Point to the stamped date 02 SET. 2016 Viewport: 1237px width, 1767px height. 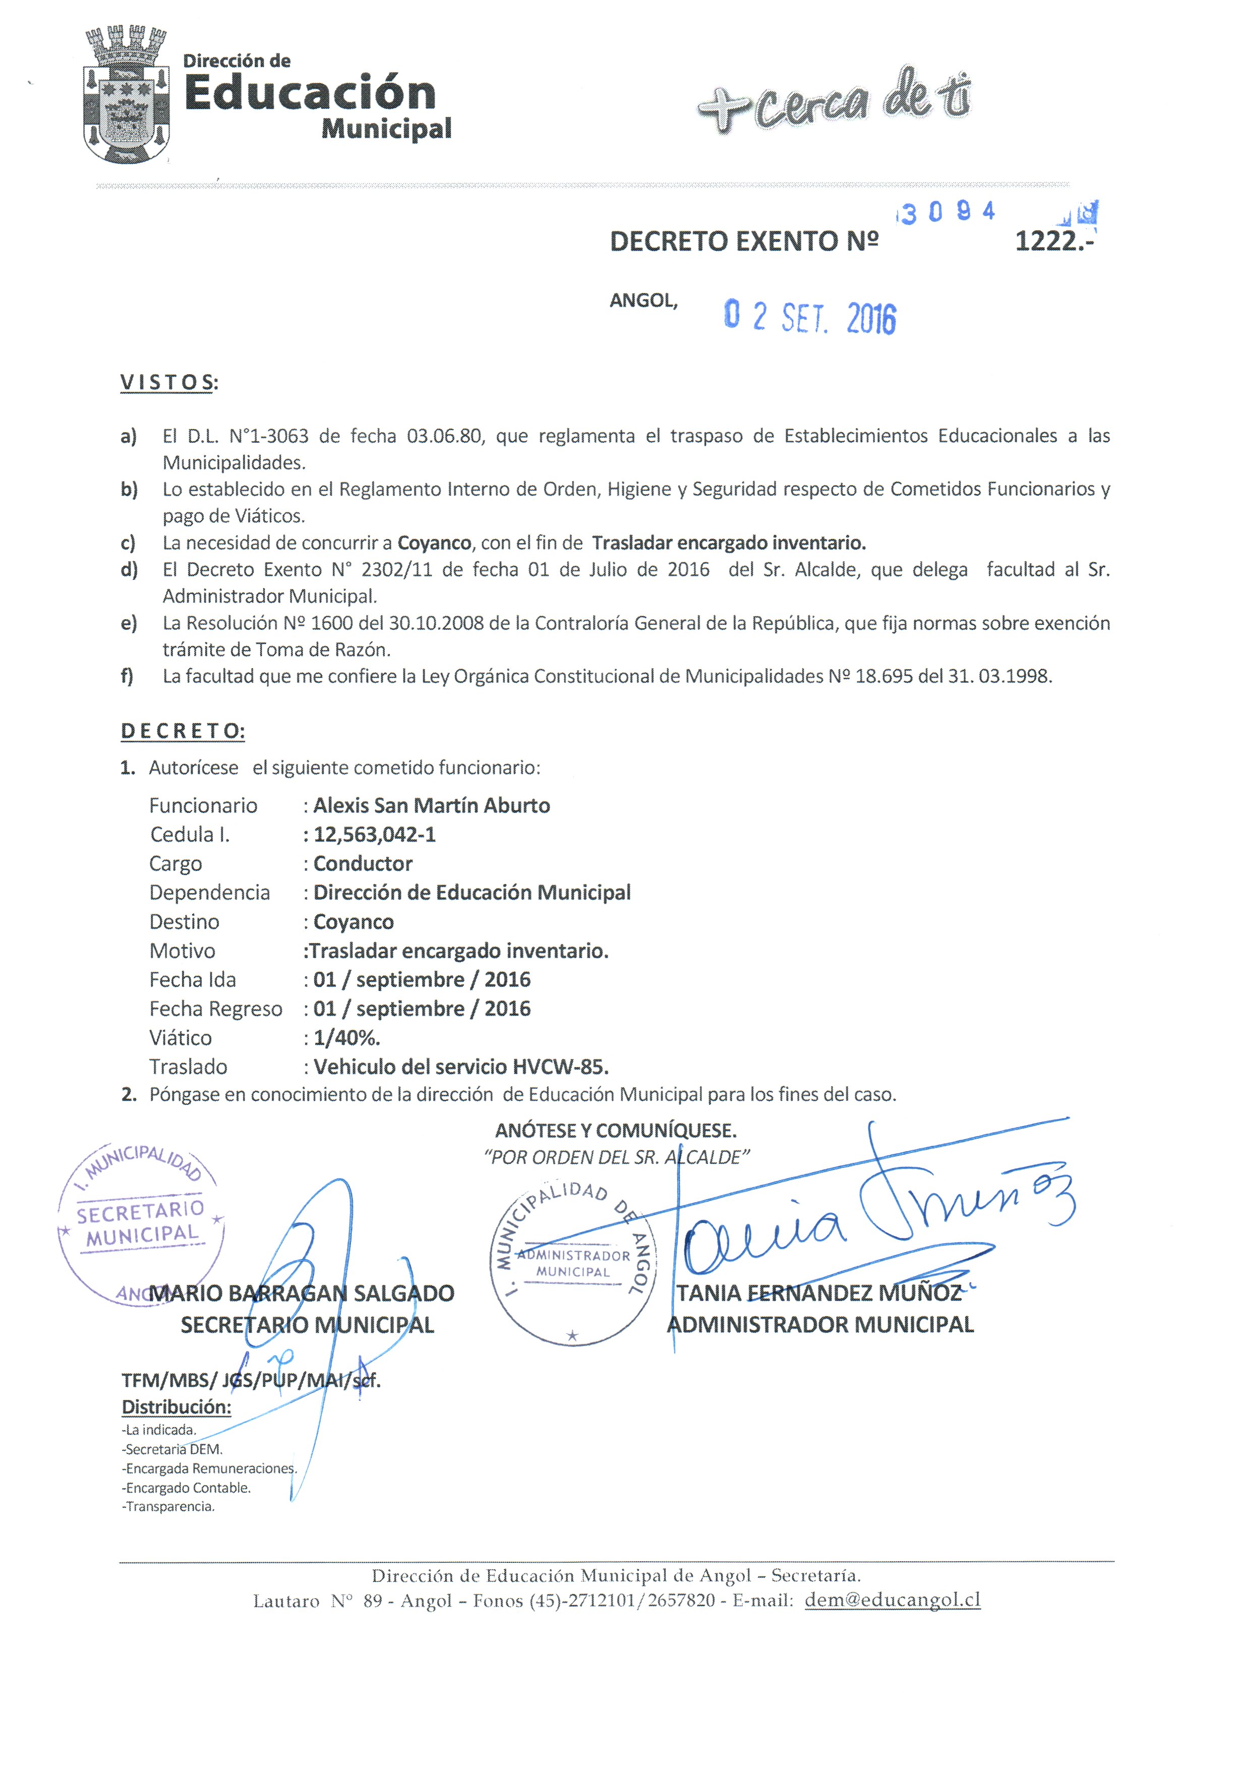click(x=810, y=317)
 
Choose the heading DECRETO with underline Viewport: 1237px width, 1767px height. click(x=183, y=731)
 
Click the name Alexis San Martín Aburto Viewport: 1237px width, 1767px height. click(x=431, y=806)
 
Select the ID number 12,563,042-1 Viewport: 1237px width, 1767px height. click(x=374, y=835)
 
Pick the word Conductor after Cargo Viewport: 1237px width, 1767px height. click(x=363, y=863)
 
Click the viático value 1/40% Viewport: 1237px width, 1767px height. click(x=346, y=1038)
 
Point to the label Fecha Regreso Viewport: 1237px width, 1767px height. click(x=215, y=1009)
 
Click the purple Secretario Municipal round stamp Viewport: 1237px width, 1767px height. click(x=141, y=1224)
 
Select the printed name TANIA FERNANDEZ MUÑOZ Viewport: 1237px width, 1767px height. click(x=819, y=1293)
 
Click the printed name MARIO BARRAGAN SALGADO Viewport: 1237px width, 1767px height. click(x=302, y=1293)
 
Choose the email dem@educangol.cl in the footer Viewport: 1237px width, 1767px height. click(x=892, y=1600)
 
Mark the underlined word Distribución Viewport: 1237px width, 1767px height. click(x=176, y=1407)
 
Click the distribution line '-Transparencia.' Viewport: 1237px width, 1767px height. click(x=168, y=1507)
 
